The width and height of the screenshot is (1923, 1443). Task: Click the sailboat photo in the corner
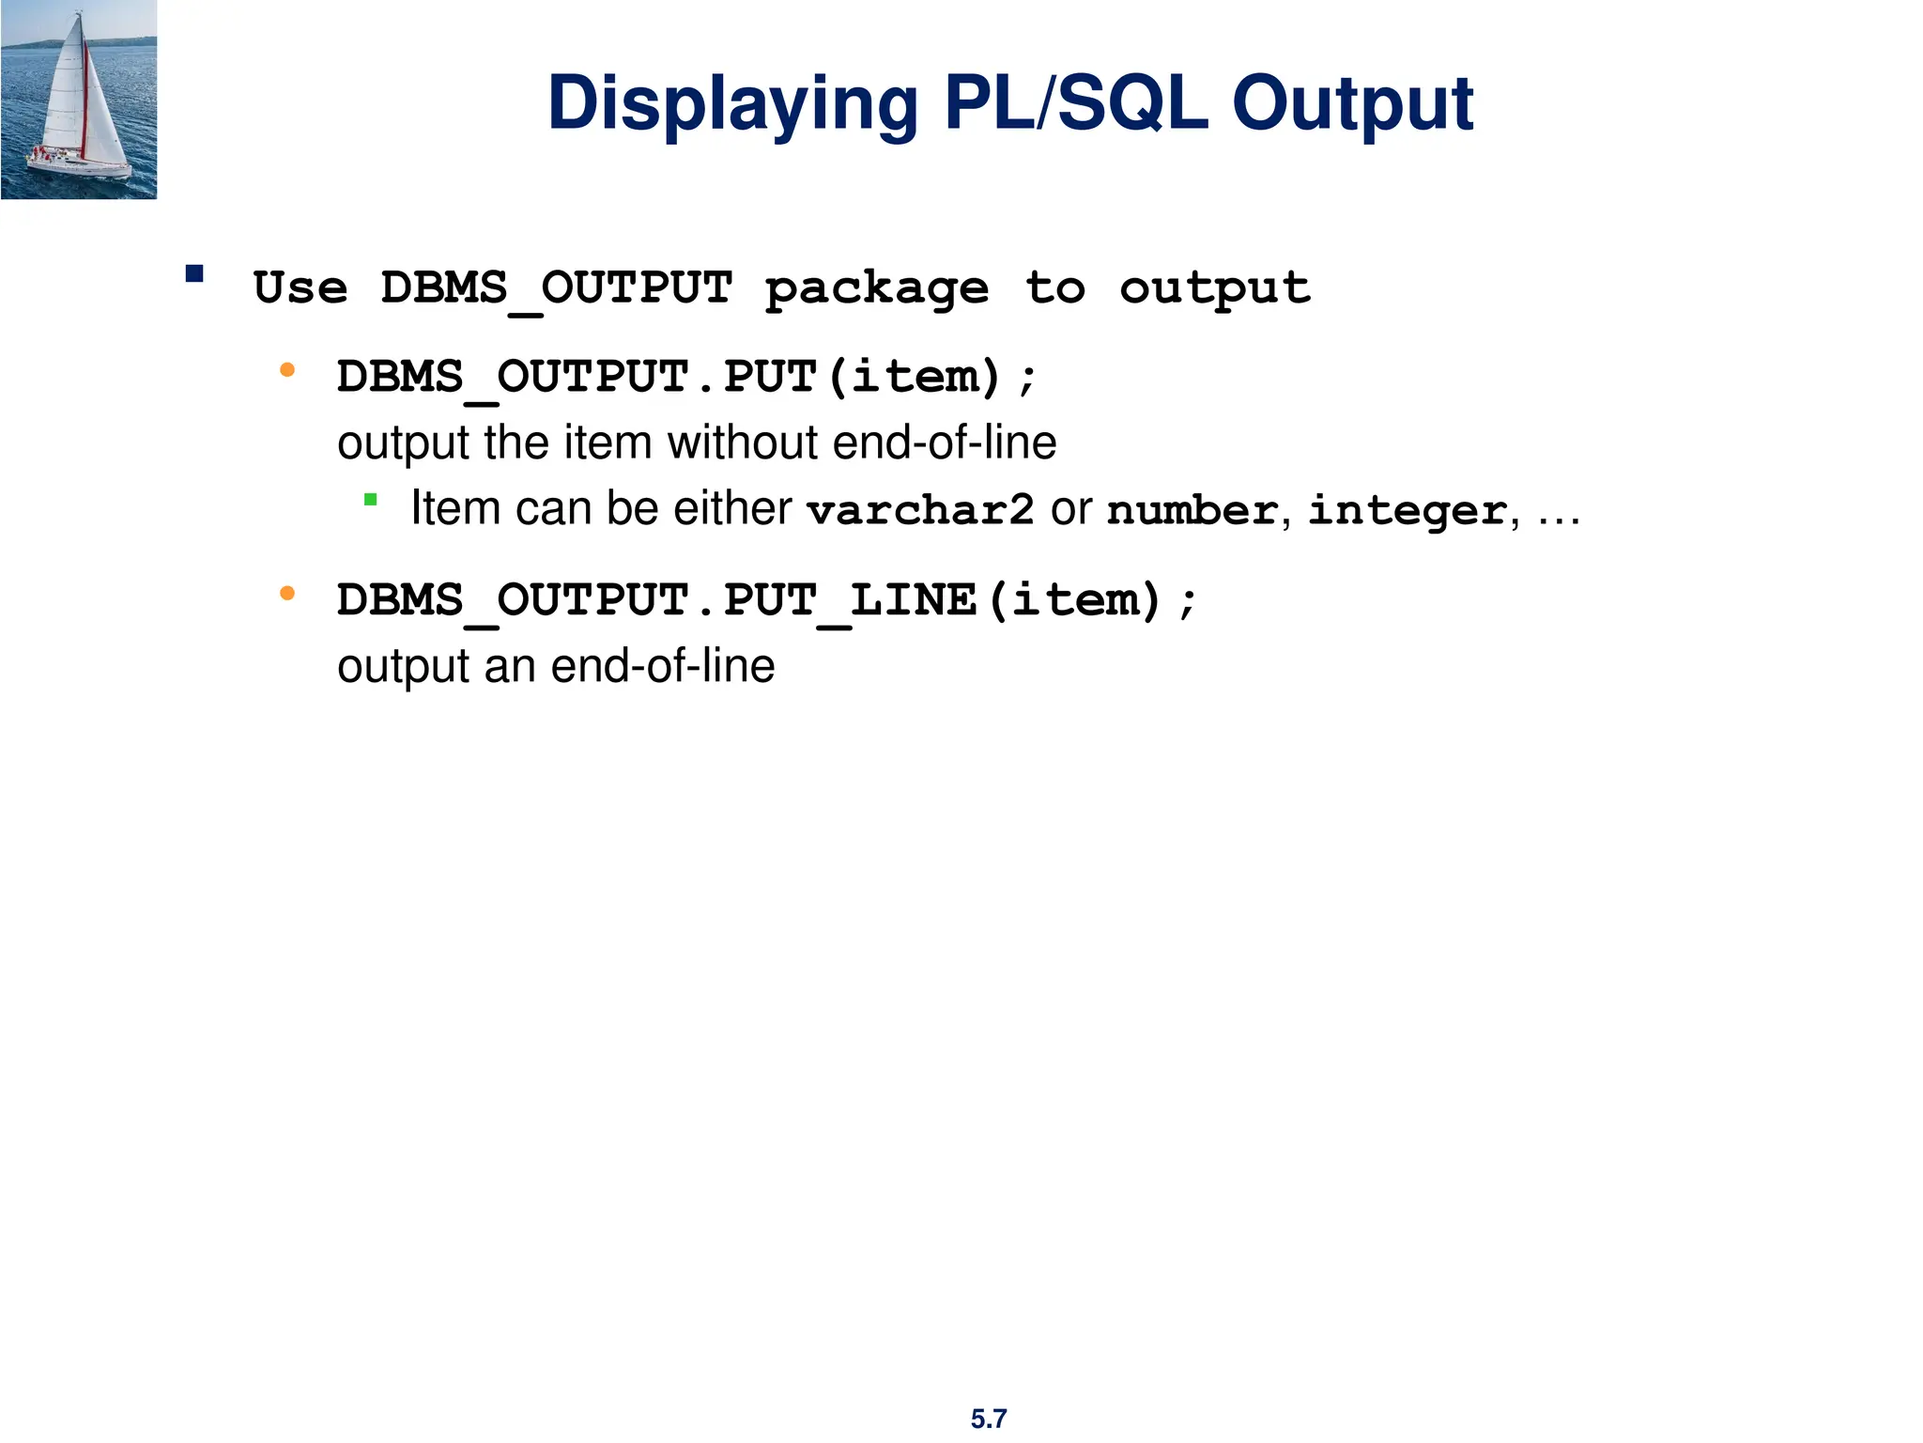click(79, 100)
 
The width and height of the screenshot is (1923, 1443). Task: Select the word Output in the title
click(1352, 103)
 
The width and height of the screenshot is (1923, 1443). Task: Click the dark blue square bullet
click(194, 274)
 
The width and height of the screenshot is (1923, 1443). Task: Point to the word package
click(877, 288)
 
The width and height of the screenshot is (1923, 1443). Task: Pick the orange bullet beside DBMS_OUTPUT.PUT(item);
click(287, 371)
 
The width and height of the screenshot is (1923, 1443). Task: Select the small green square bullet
click(371, 500)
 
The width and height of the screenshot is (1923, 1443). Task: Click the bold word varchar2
click(920, 510)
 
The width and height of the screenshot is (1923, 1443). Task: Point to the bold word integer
click(1408, 510)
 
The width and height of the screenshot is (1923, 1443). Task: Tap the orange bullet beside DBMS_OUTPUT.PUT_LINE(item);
click(287, 594)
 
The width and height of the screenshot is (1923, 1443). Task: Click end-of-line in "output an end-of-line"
click(663, 666)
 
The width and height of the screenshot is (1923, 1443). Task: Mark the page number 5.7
click(989, 1419)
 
